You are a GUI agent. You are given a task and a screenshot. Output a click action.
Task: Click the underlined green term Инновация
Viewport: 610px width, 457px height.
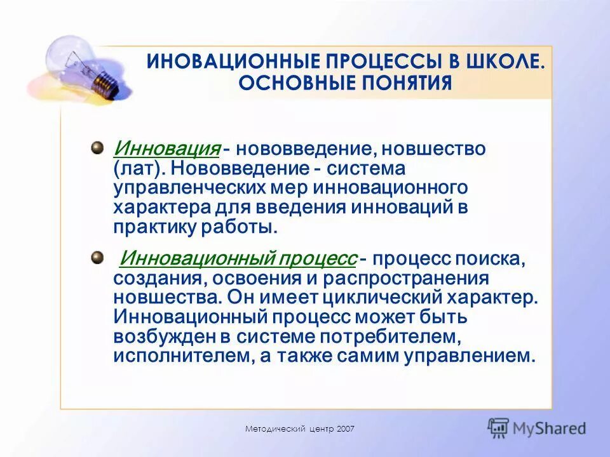click(166, 149)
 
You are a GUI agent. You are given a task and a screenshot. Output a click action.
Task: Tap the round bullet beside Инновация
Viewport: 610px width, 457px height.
click(97, 148)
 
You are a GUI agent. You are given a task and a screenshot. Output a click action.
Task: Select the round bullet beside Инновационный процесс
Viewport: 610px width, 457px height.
click(97, 257)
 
